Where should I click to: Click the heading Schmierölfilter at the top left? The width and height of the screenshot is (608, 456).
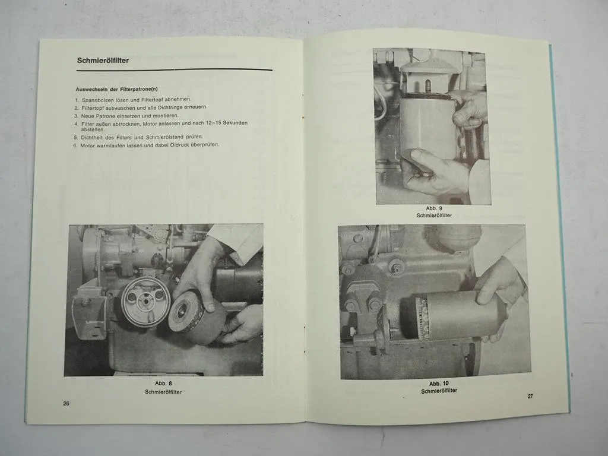point(103,61)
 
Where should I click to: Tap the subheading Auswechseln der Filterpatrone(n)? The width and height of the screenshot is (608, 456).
point(117,89)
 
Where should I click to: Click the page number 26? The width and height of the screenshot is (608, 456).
point(66,403)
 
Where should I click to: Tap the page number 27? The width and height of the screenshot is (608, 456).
point(530,396)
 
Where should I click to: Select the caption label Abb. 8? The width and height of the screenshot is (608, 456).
point(163,383)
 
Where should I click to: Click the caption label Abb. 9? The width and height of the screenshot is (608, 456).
point(434,208)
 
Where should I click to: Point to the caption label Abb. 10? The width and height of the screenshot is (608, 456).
point(439,384)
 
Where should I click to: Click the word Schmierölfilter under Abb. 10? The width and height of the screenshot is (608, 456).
point(439,391)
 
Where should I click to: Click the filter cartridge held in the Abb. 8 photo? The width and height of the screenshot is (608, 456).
point(197,319)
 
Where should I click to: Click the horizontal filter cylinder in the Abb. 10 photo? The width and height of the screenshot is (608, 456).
point(461,315)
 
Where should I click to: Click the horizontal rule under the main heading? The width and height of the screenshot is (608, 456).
point(174,70)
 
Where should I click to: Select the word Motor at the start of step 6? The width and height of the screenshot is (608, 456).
point(87,146)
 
